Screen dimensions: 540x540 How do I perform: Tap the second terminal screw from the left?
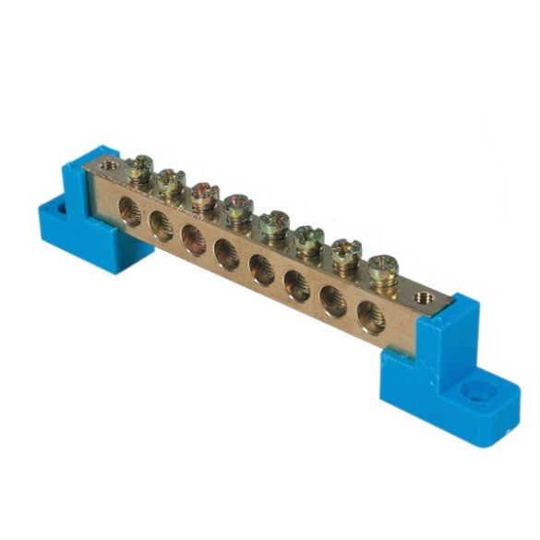point(171,181)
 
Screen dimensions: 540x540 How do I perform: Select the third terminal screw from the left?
point(204,195)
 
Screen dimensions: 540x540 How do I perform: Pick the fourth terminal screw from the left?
point(238,207)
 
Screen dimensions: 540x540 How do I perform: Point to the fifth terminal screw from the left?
point(273,222)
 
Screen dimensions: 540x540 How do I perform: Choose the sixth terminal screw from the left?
point(308,237)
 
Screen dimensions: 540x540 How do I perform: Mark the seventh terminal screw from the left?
point(345,253)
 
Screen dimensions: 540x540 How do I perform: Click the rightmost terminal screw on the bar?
point(382,270)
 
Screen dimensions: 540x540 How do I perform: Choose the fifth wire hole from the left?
point(261,270)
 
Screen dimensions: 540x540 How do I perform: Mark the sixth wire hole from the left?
point(296,284)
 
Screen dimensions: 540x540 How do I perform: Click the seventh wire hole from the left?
point(331,301)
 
